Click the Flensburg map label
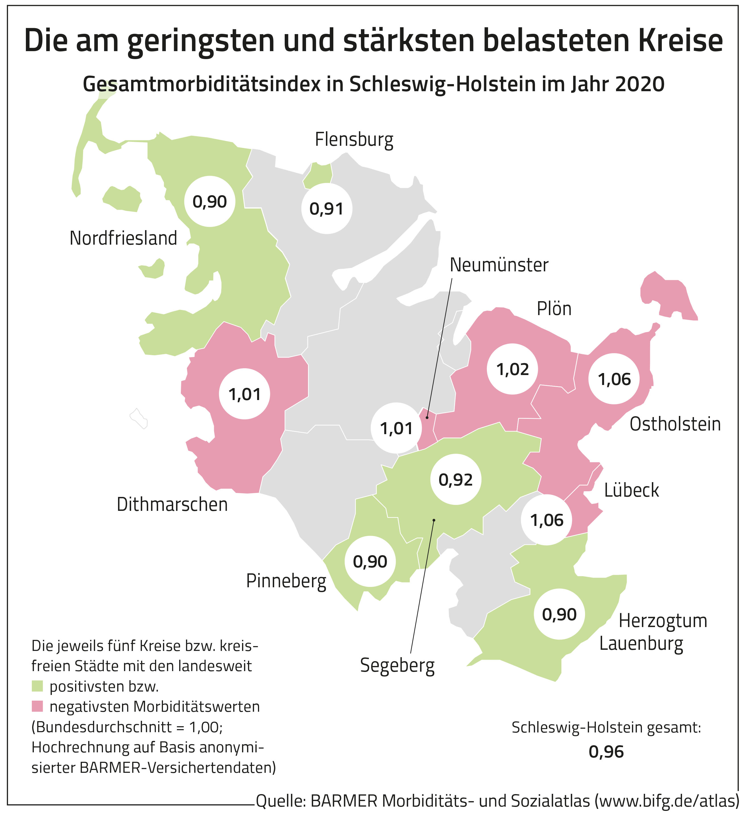coord(354,140)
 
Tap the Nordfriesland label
coord(123,238)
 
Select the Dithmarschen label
coord(172,505)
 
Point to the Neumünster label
coord(499,265)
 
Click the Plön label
coord(554,309)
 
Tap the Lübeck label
coord(631,490)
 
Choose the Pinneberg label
coord(286,582)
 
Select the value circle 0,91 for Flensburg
coord(327,209)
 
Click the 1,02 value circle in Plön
coord(513,369)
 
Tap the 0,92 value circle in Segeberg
coord(456,480)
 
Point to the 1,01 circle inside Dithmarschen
coord(245,394)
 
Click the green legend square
coord(37,686)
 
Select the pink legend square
coord(37,706)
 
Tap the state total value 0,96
coord(606,752)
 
